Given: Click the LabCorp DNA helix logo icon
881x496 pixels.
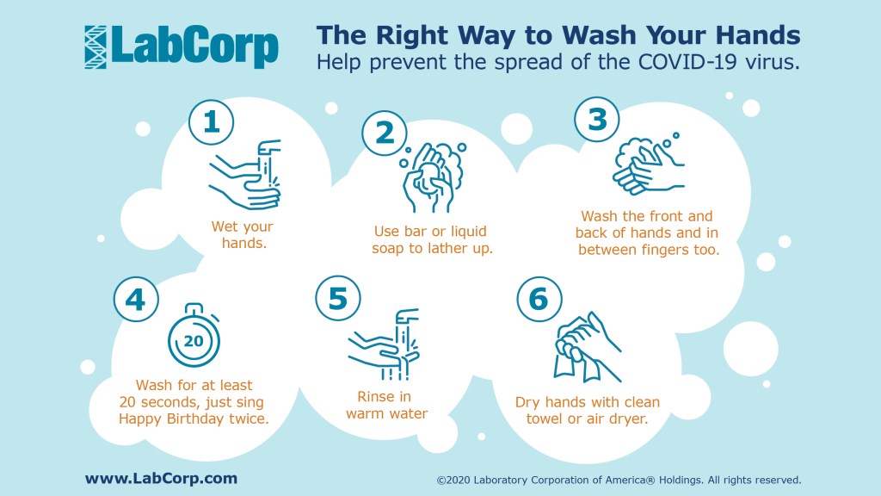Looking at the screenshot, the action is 95,47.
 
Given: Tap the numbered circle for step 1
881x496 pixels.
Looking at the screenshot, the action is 212,122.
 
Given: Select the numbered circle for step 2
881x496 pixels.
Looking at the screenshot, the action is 385,133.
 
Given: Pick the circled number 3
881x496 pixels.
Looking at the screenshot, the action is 597,120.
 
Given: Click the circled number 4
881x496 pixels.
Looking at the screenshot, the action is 136,299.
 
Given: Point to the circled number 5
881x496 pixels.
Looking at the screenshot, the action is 337,298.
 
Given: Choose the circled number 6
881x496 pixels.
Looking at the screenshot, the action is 539,299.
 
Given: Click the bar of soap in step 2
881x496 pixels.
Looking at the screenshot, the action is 431,177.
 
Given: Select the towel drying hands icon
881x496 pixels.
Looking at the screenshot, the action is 587,347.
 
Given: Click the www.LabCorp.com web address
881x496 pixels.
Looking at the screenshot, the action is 161,479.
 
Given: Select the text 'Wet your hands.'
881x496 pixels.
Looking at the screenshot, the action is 243,234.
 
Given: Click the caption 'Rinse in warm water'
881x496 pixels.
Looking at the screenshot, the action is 386,406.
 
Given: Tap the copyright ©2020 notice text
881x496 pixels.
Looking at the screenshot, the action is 619,480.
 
